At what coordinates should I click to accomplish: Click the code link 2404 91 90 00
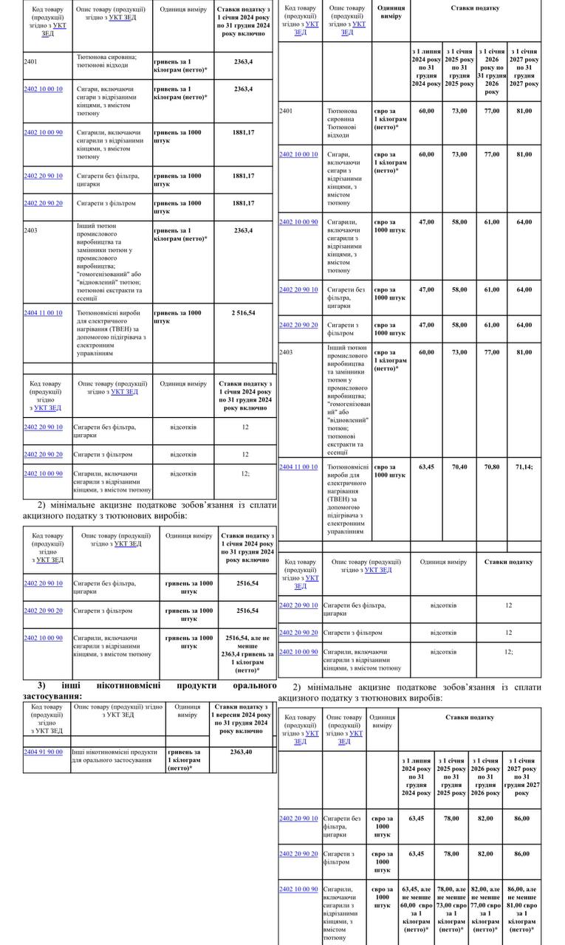point(43,752)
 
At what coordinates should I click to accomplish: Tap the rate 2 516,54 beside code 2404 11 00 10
point(244,313)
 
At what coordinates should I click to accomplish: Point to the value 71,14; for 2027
point(524,467)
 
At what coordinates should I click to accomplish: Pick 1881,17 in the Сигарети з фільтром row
point(244,203)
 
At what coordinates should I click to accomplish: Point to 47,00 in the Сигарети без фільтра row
point(427,289)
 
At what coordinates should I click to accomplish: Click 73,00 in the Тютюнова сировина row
point(459,111)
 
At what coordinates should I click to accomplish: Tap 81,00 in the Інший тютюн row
point(524,352)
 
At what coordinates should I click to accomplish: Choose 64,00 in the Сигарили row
point(524,221)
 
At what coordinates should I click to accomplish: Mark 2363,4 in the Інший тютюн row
point(244,230)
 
